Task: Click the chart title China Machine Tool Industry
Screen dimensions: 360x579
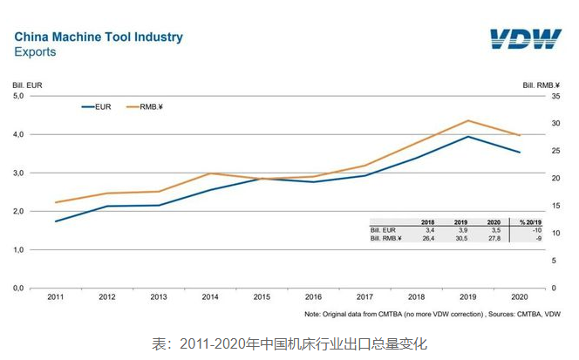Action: [x=99, y=37]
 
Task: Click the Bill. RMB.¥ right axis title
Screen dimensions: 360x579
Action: [x=540, y=85]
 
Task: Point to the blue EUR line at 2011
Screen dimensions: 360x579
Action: [x=55, y=221]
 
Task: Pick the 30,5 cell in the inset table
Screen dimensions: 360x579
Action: [x=460, y=238]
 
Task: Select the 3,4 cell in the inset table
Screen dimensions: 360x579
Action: [x=428, y=230]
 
